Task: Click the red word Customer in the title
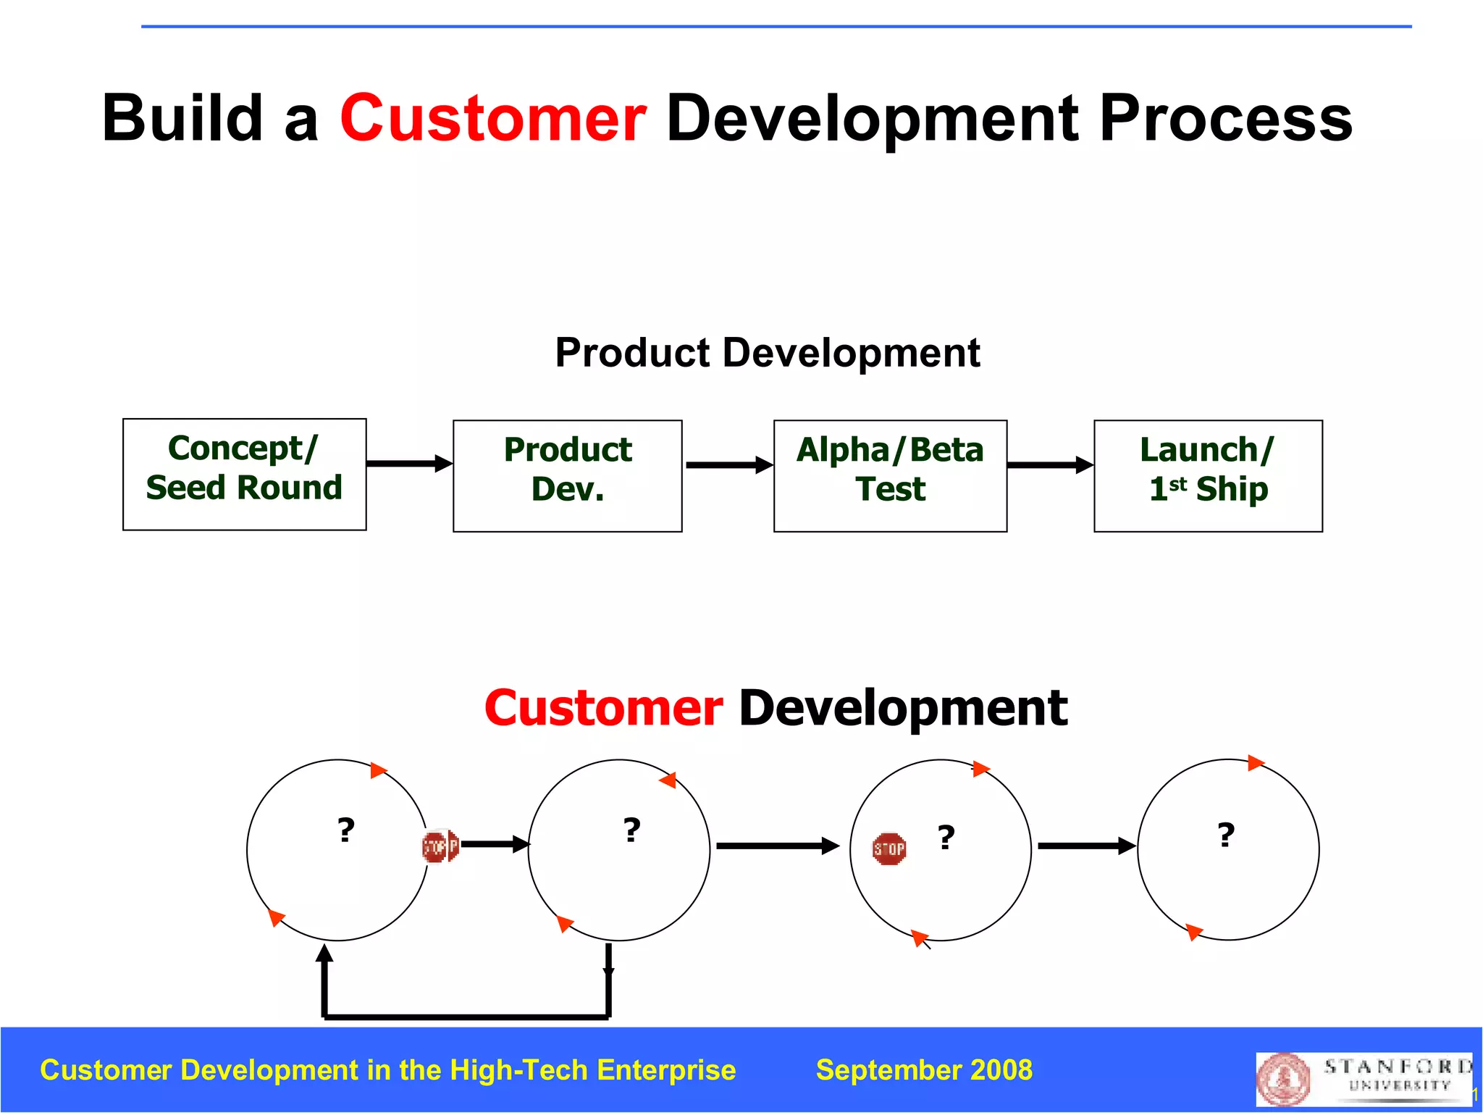[493, 118]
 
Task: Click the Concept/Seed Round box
[244, 474]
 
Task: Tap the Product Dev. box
[567, 475]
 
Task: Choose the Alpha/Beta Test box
[890, 475]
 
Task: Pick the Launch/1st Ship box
[1208, 475]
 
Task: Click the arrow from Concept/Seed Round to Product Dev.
[409, 464]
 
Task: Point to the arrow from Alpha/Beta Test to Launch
[1050, 465]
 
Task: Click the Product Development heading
[767, 353]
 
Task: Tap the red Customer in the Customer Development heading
[603, 708]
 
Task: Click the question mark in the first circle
[346, 830]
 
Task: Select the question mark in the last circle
[1225, 835]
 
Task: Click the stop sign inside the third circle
[889, 849]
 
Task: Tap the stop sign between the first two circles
[440, 846]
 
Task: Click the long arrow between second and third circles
[777, 846]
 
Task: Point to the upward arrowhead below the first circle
[325, 954]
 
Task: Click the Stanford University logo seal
[1283, 1080]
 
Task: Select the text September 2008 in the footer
[924, 1070]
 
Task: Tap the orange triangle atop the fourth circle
[1255, 762]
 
